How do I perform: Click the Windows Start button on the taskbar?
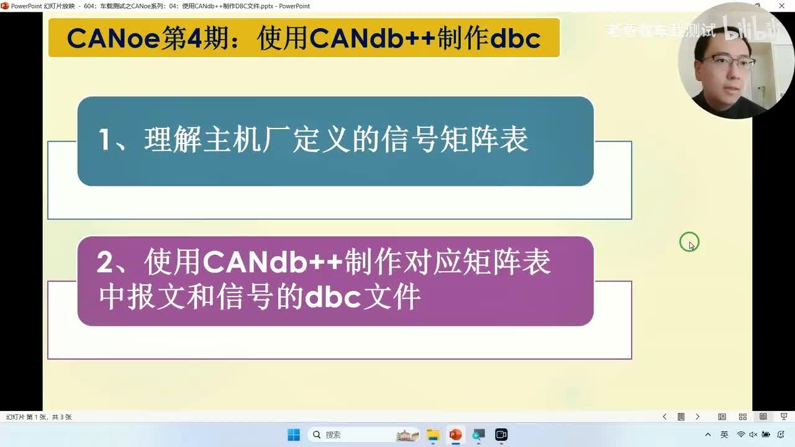pos(294,435)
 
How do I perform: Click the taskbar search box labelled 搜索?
pos(348,435)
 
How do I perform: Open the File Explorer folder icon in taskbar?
pos(433,435)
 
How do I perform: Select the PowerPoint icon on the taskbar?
pos(456,435)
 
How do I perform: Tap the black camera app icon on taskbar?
pos(501,435)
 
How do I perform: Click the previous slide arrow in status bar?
pos(665,417)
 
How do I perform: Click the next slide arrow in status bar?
pos(697,417)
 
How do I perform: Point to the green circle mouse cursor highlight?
pos(689,242)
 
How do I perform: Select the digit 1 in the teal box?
pos(105,140)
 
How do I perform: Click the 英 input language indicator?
pos(724,435)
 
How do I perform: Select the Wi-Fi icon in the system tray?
pos(741,435)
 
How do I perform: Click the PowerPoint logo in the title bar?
pos(5,6)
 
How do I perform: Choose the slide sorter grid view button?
pos(742,417)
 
